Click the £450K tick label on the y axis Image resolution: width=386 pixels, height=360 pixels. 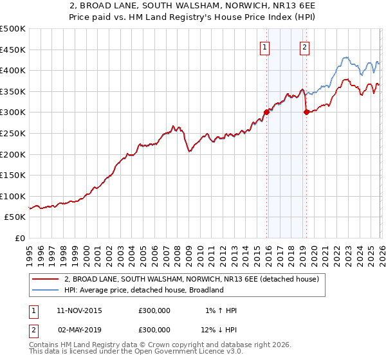[x=13, y=50]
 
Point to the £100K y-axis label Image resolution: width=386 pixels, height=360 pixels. [x=13, y=196]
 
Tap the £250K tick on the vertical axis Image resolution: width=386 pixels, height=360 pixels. [x=13, y=133]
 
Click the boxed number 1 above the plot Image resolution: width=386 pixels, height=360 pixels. [x=265, y=46]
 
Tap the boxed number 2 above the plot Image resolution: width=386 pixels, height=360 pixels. [x=304, y=46]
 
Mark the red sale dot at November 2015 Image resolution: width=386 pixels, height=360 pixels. [x=266, y=112]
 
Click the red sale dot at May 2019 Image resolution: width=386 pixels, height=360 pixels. [x=306, y=112]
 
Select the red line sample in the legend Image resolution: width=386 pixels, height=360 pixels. [x=45, y=279]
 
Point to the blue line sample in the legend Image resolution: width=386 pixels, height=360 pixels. [x=45, y=290]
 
